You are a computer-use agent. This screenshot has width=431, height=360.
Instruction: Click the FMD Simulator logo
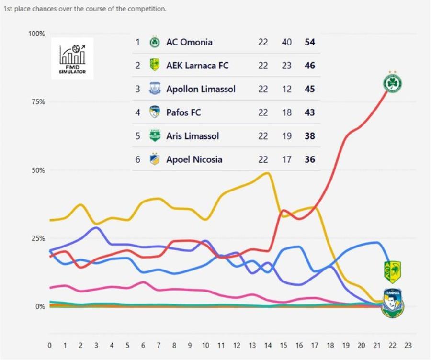(x=72, y=59)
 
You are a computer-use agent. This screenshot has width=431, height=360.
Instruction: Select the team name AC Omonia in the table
(x=189, y=42)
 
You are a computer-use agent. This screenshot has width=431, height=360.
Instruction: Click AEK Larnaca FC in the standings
(x=197, y=66)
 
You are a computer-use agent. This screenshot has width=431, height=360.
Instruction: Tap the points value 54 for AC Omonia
(x=310, y=42)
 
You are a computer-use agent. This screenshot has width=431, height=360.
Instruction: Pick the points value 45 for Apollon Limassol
(x=310, y=89)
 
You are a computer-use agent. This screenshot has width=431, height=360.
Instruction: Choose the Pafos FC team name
(x=183, y=112)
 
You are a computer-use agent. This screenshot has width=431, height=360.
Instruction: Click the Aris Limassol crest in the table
(x=154, y=136)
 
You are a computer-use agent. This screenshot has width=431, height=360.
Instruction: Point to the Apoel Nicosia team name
(x=194, y=159)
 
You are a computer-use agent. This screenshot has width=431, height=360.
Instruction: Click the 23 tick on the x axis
(x=408, y=345)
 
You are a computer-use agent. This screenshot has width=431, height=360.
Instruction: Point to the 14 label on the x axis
(x=268, y=345)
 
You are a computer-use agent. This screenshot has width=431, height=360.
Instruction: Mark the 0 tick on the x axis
(x=49, y=345)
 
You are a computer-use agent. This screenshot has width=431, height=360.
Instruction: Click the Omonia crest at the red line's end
(x=393, y=83)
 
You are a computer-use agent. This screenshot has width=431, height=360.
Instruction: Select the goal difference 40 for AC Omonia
(x=286, y=42)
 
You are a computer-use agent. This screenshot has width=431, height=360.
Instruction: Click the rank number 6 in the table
(x=137, y=159)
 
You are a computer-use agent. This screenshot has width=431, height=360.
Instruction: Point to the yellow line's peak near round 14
(x=267, y=173)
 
